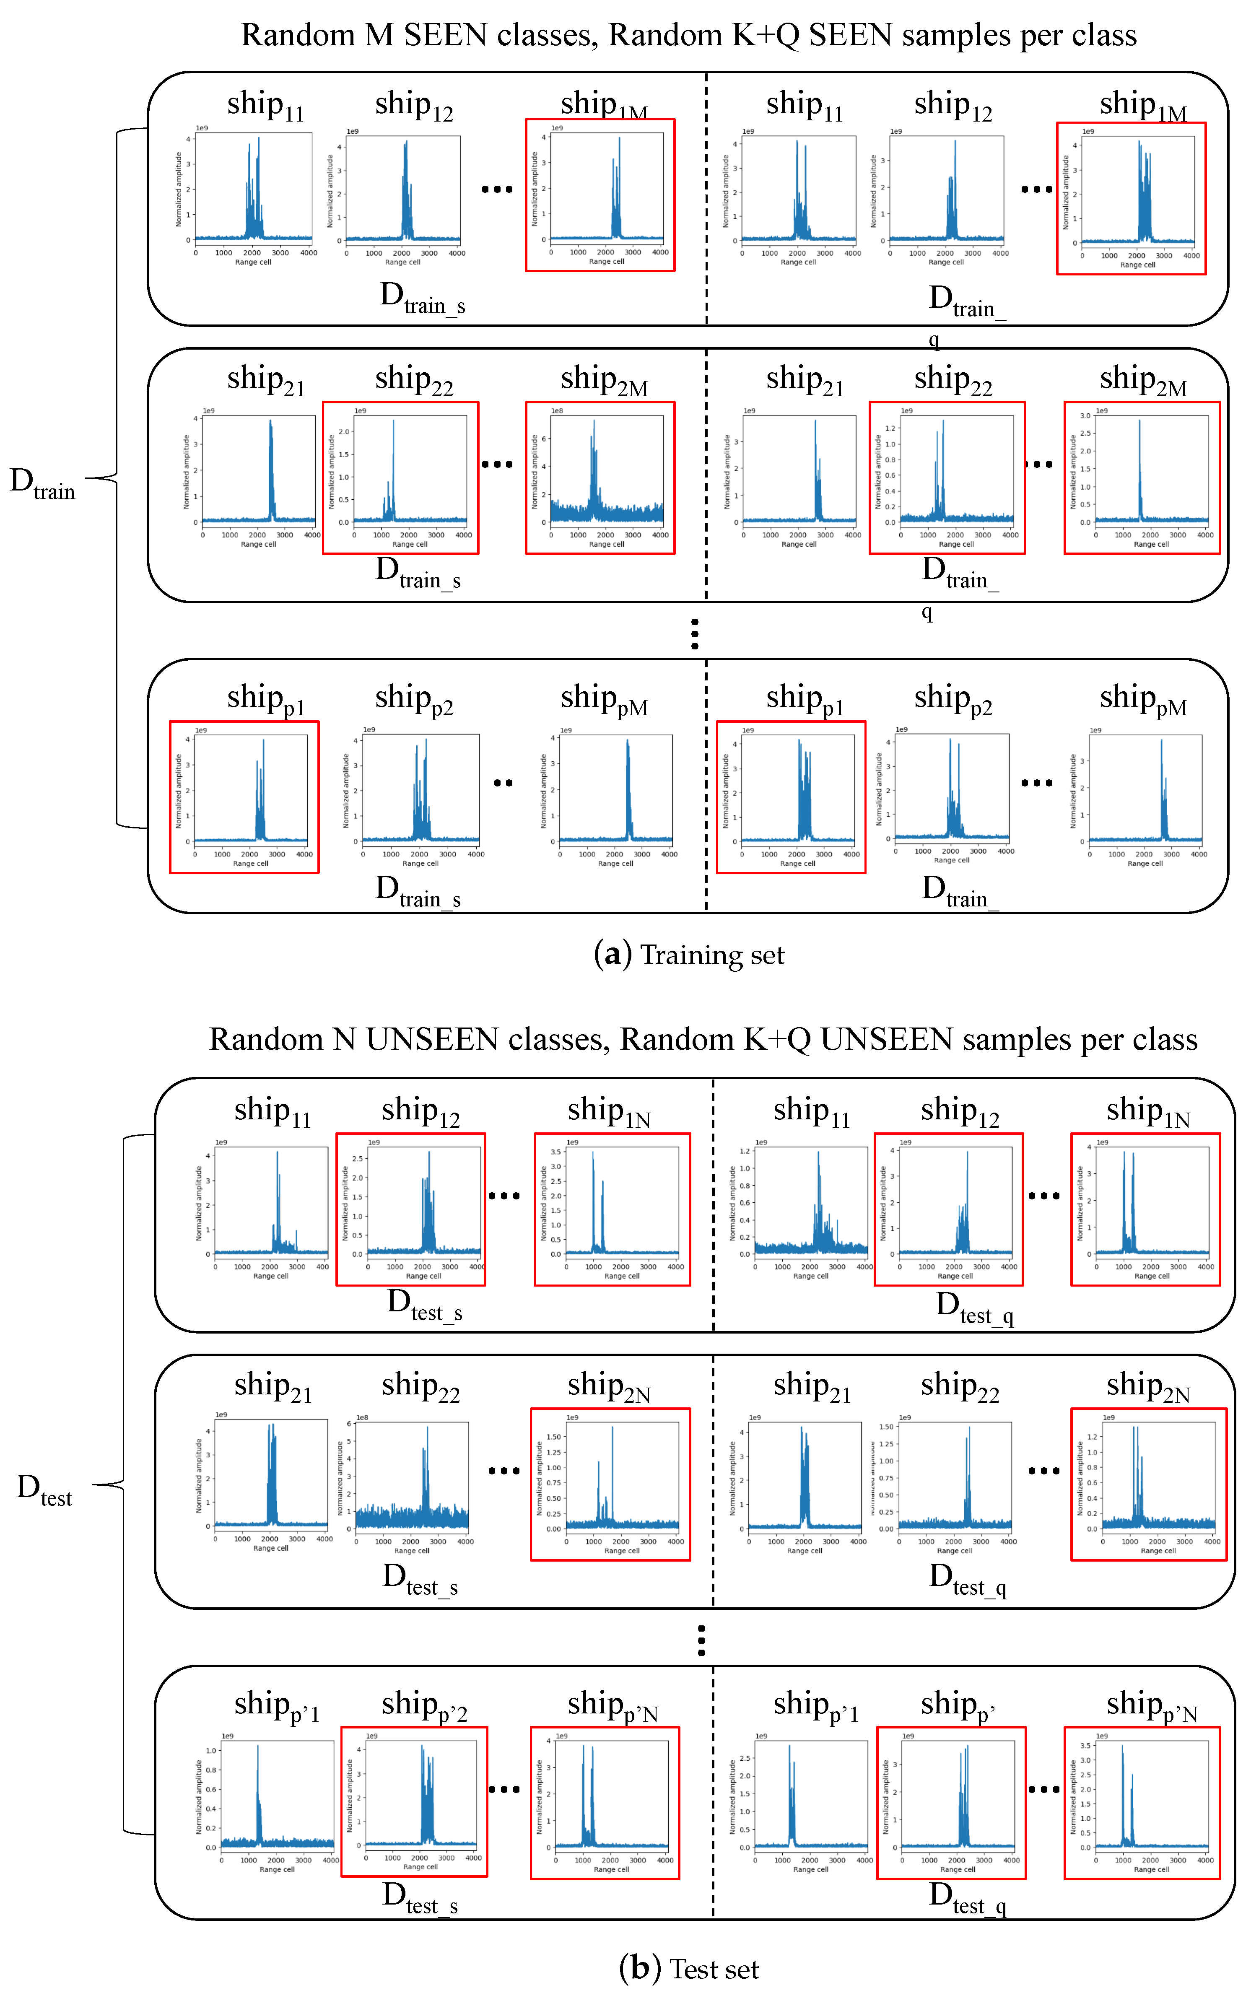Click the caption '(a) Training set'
pos(688,955)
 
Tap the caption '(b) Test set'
pos(688,1968)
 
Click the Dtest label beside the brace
pos(45,1489)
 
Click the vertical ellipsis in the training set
pos(695,634)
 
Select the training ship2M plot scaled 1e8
pos(600,477)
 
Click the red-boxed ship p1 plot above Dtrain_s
pos(244,797)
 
